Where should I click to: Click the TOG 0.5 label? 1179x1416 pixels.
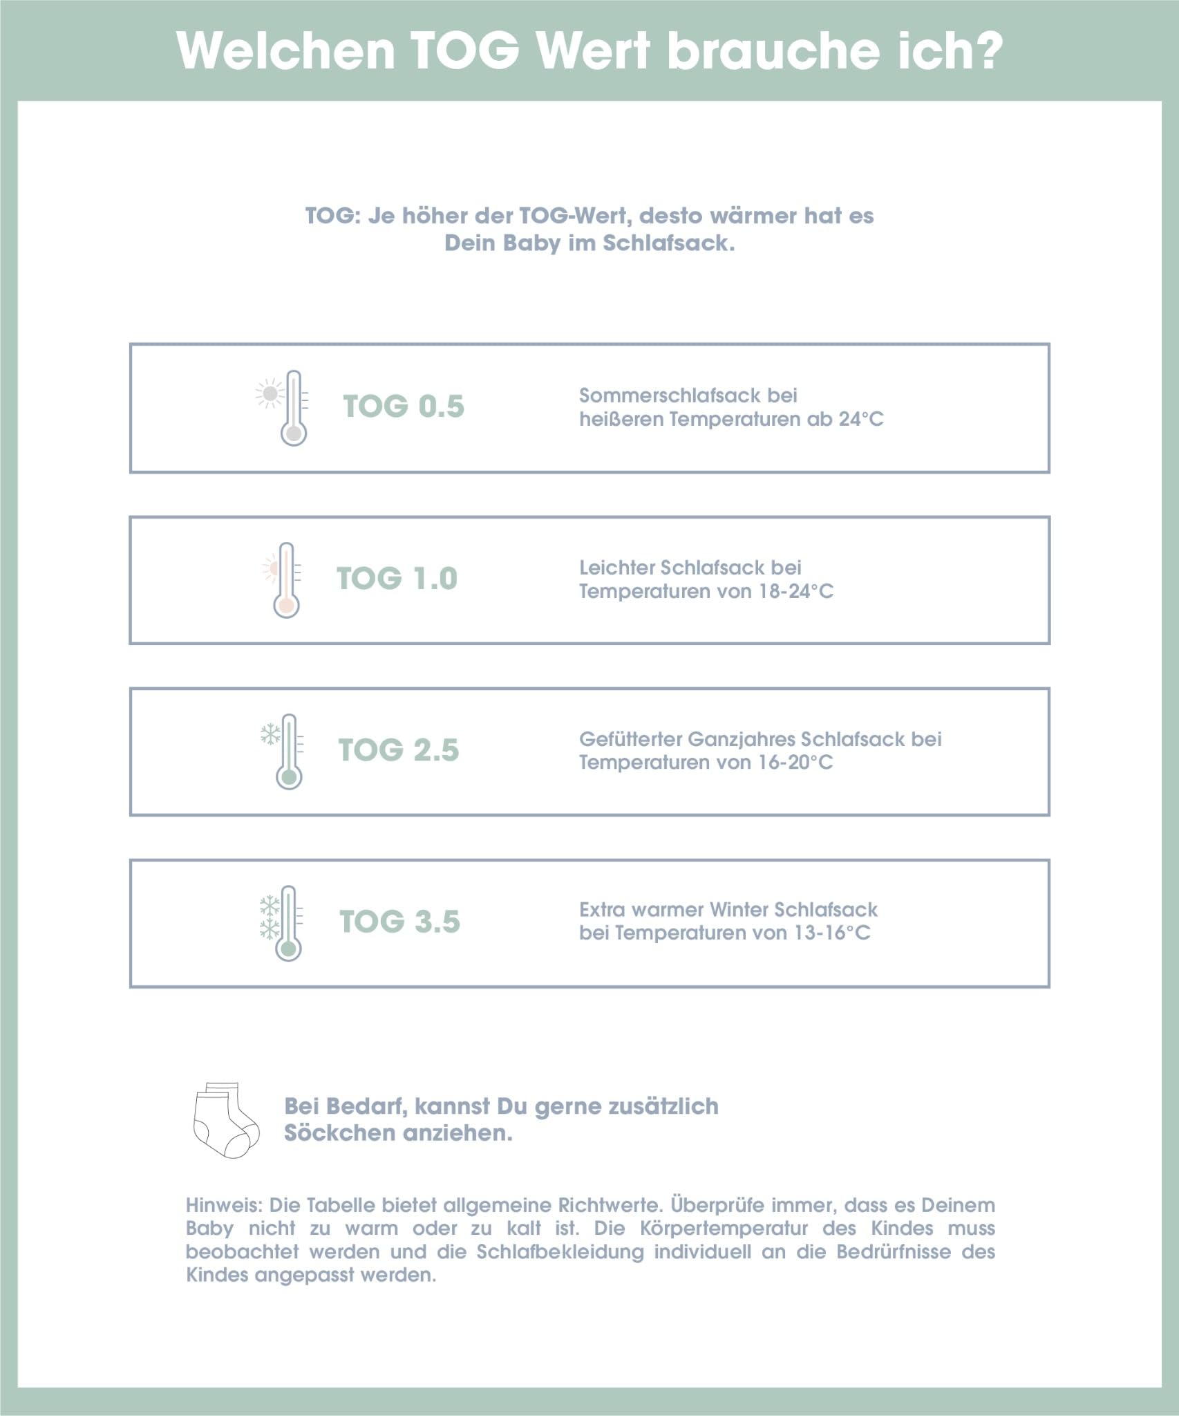coord(404,407)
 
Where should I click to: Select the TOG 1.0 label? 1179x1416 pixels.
coord(397,579)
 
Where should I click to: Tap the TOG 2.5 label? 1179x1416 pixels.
coord(399,750)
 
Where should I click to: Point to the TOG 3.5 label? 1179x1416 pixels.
coord(400,922)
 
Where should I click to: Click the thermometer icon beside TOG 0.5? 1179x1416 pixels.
coord(294,408)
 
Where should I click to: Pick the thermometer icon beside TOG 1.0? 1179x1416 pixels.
coord(286,580)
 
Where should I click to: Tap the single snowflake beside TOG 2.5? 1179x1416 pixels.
coord(270,734)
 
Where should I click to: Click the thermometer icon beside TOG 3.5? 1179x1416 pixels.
coord(288,923)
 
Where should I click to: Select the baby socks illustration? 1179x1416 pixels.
coord(226,1120)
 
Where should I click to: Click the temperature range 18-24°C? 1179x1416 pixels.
coord(796,592)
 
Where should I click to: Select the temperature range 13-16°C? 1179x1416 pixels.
coord(832,933)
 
